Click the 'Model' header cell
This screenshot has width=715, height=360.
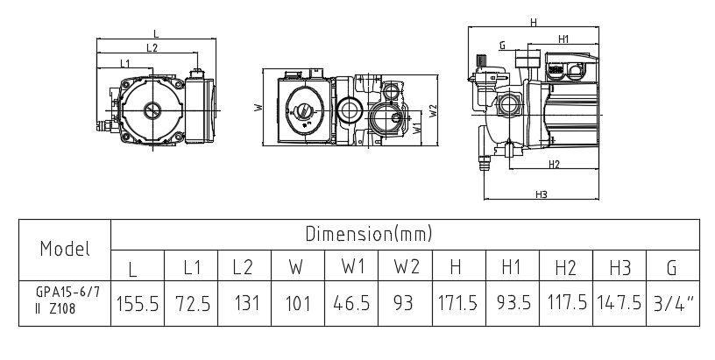click(65, 249)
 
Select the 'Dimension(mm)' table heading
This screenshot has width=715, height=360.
click(369, 234)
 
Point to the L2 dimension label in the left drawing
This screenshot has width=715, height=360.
click(152, 47)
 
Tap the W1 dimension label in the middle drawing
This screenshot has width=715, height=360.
click(416, 128)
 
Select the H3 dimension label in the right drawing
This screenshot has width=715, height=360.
click(541, 194)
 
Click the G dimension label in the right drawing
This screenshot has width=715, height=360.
click(503, 45)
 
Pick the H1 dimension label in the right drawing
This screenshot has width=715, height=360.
click(563, 39)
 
